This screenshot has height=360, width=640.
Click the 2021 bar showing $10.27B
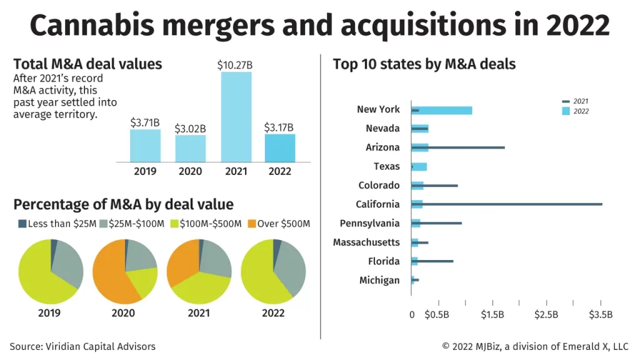[236, 117]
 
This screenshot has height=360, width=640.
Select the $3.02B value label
[191, 129]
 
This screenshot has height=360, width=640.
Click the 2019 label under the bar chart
[145, 171]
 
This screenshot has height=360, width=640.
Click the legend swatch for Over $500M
[252, 224]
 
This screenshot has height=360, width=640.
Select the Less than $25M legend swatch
[22, 224]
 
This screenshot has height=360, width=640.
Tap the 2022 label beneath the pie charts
[272, 312]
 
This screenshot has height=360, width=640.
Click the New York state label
[378, 109]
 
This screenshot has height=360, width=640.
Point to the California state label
[377, 204]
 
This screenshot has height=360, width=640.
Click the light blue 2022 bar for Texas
[419, 167]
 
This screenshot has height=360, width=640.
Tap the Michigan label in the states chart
[379, 280]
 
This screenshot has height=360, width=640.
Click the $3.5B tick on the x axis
[601, 314]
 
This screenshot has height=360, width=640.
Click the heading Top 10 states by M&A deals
[424, 64]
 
